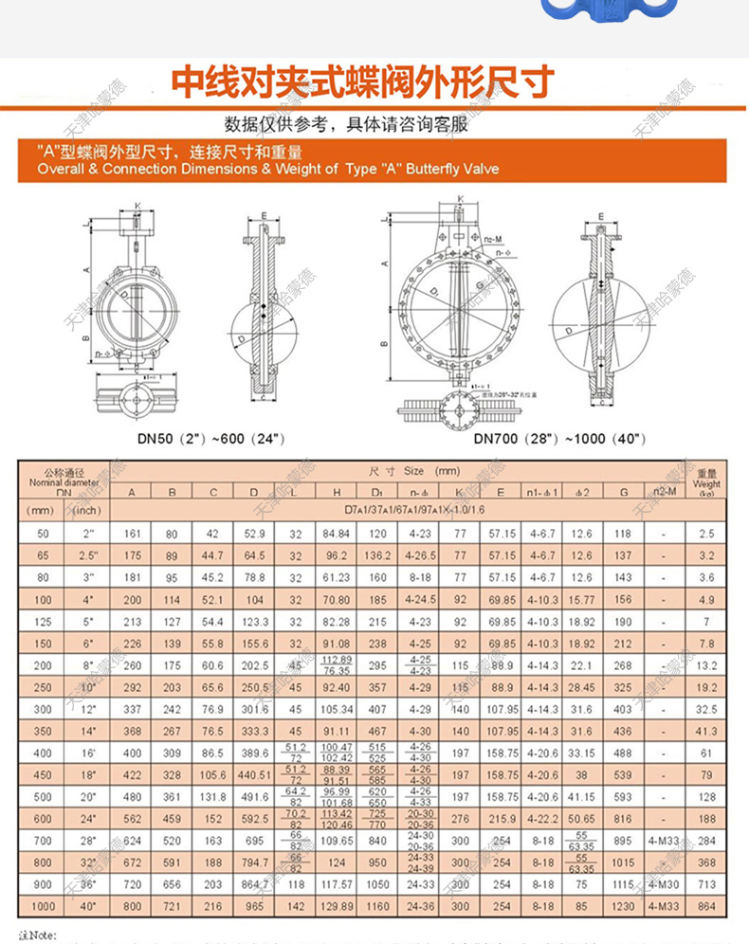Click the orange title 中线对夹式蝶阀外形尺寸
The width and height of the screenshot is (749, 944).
361,83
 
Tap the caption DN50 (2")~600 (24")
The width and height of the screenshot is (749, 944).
210,439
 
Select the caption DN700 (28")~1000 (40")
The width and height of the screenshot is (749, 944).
560,439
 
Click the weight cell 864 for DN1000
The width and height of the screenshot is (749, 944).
706,906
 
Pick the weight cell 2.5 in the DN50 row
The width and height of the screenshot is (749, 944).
706,534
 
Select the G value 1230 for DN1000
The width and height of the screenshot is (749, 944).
622,906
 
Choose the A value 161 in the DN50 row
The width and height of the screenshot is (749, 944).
132,534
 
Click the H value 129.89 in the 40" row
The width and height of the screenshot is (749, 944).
337,906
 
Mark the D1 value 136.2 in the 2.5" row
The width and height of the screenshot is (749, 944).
377,554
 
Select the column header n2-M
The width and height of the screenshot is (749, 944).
665,491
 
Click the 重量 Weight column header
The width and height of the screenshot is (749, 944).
706,481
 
